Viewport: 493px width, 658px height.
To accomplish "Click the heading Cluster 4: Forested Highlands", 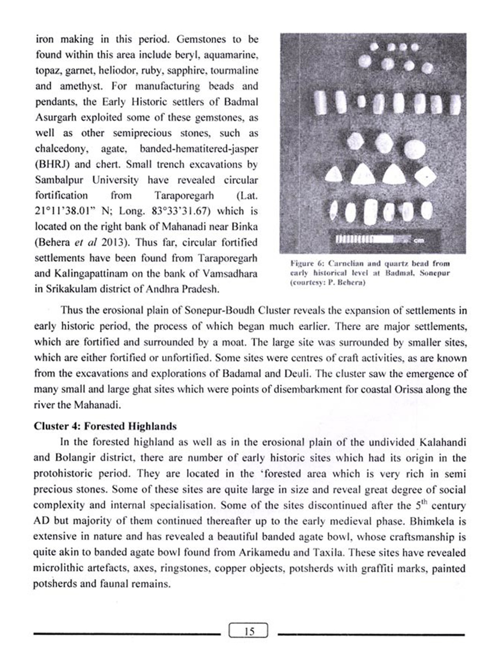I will point(105,426).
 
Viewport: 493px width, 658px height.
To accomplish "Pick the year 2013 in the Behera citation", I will point(113,242).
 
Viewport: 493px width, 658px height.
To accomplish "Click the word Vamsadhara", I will point(230,273).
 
